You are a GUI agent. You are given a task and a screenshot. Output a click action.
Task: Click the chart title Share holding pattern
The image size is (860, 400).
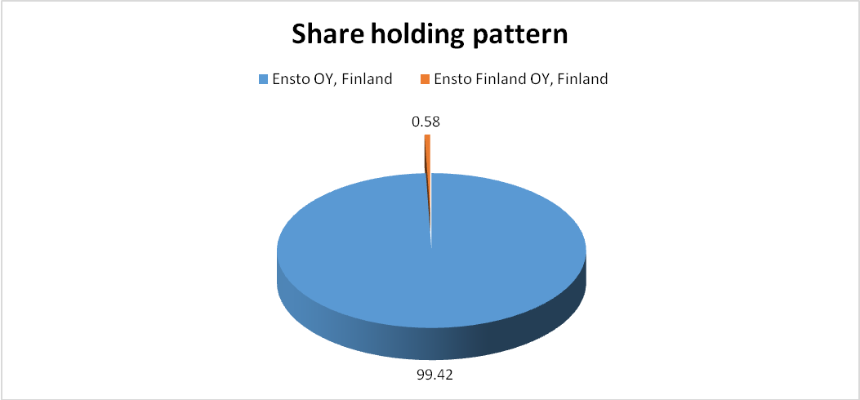(430, 36)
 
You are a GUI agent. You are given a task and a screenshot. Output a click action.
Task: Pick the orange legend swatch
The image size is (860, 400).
(424, 79)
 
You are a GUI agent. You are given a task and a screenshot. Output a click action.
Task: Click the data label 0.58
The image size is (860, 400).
(426, 122)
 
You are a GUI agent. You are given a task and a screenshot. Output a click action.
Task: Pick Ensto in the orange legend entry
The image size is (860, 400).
(448, 79)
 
